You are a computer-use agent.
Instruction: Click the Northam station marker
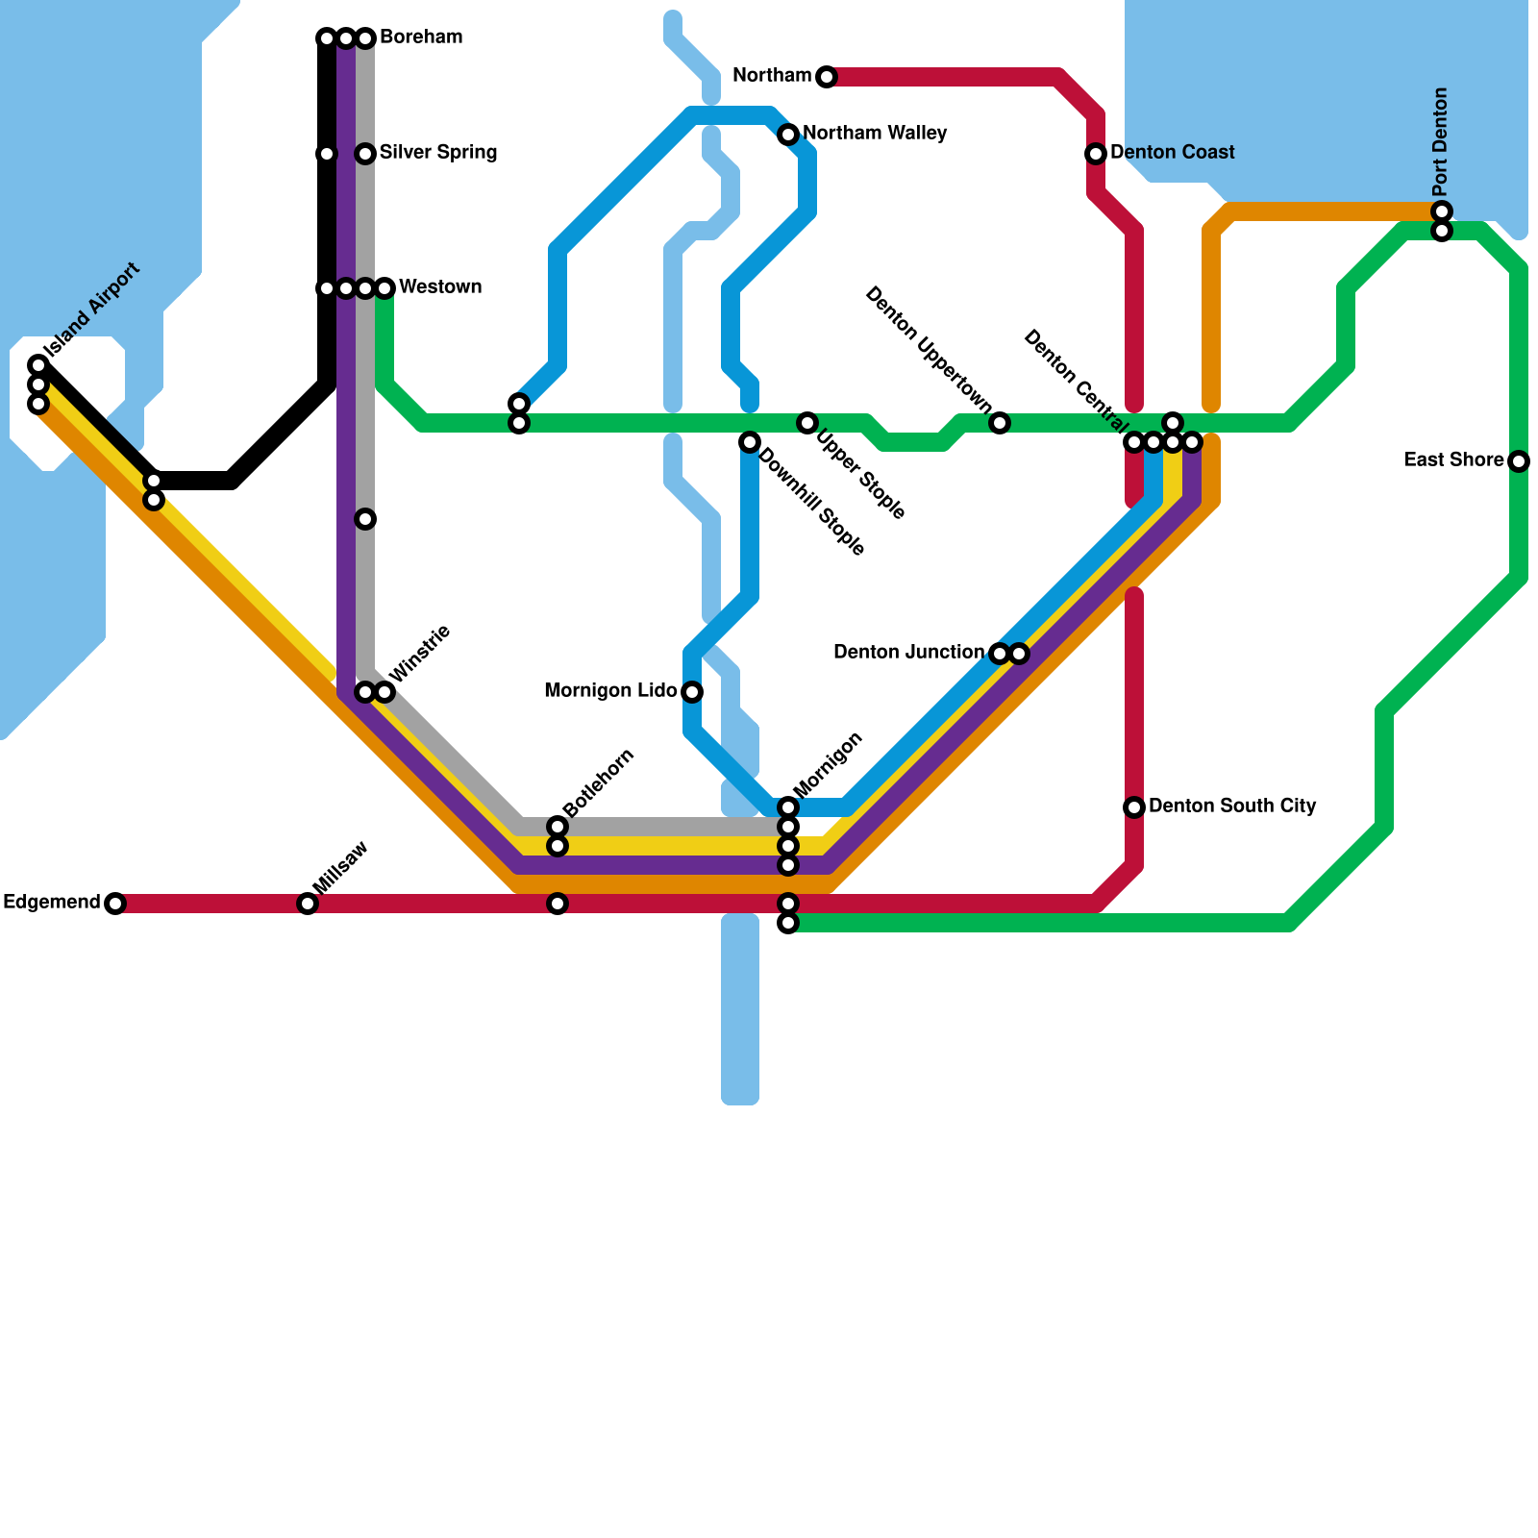[x=827, y=77]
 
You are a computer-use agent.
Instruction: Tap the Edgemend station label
[x=52, y=903]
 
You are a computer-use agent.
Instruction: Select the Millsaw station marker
[x=308, y=904]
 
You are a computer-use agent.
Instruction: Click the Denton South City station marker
[x=1134, y=807]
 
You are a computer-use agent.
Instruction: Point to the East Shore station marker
[x=1519, y=461]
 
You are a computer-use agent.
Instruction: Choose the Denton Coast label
[x=1172, y=153]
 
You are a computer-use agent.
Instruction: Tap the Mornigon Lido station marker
[x=692, y=692]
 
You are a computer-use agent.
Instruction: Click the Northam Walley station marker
[x=788, y=135]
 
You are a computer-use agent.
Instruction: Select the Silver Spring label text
[x=437, y=153]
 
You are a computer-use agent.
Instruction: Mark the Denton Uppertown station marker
[x=1000, y=423]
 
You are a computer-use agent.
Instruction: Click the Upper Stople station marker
[x=807, y=423]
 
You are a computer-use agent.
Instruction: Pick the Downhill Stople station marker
[x=750, y=442]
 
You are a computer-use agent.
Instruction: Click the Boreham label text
[x=421, y=37]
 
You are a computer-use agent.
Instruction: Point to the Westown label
[x=439, y=287]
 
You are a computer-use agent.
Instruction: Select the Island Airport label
[x=92, y=308]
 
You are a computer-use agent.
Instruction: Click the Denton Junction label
[x=908, y=653]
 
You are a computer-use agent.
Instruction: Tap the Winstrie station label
[x=420, y=654]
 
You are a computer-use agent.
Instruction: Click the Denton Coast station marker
[x=1096, y=154]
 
